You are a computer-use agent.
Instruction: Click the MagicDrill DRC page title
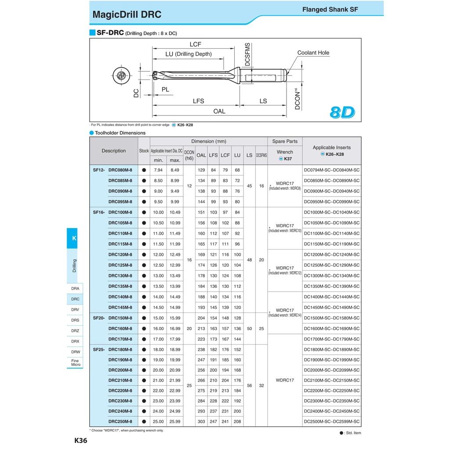(x=127, y=15)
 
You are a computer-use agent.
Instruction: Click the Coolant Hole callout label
(x=313, y=53)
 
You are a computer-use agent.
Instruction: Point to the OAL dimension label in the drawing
(x=219, y=111)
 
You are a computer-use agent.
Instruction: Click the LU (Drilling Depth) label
(x=188, y=54)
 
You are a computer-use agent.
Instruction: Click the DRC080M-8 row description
(x=120, y=170)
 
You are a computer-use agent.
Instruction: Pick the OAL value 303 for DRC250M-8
(x=201, y=422)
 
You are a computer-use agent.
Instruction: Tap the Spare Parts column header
(x=285, y=142)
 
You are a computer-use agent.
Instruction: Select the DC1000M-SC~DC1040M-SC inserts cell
(x=332, y=212)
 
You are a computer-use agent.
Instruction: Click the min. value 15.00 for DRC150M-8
(x=158, y=318)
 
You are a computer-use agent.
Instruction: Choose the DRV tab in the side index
(x=75, y=310)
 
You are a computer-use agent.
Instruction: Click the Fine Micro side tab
(x=75, y=363)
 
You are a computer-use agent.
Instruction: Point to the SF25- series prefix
(x=99, y=350)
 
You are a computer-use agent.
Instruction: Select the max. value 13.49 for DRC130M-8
(x=175, y=276)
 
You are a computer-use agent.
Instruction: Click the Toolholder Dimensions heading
(x=120, y=133)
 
